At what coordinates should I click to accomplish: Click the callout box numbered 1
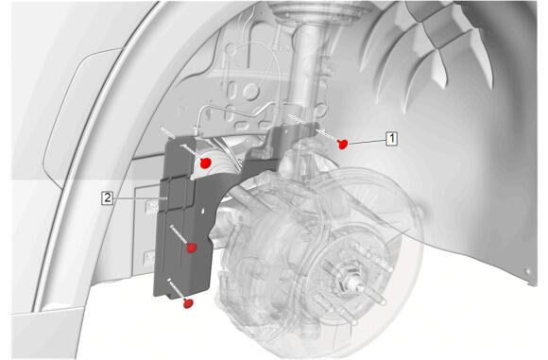[x=392, y=138]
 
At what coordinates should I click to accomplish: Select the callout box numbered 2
[x=107, y=197]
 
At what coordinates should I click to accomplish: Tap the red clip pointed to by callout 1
[x=342, y=144]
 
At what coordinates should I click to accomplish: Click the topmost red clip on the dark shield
[x=206, y=163]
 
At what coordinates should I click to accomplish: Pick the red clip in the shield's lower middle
[x=192, y=248]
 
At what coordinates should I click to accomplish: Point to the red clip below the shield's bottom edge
[x=188, y=303]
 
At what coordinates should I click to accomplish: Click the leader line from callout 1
[x=367, y=141]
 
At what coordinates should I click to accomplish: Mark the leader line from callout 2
[x=140, y=198]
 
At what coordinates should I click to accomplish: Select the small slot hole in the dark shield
[x=203, y=211]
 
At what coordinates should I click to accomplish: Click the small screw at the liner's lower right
[x=527, y=271]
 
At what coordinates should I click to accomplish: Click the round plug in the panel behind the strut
[x=250, y=91]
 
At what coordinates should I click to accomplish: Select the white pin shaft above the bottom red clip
[x=177, y=288]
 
